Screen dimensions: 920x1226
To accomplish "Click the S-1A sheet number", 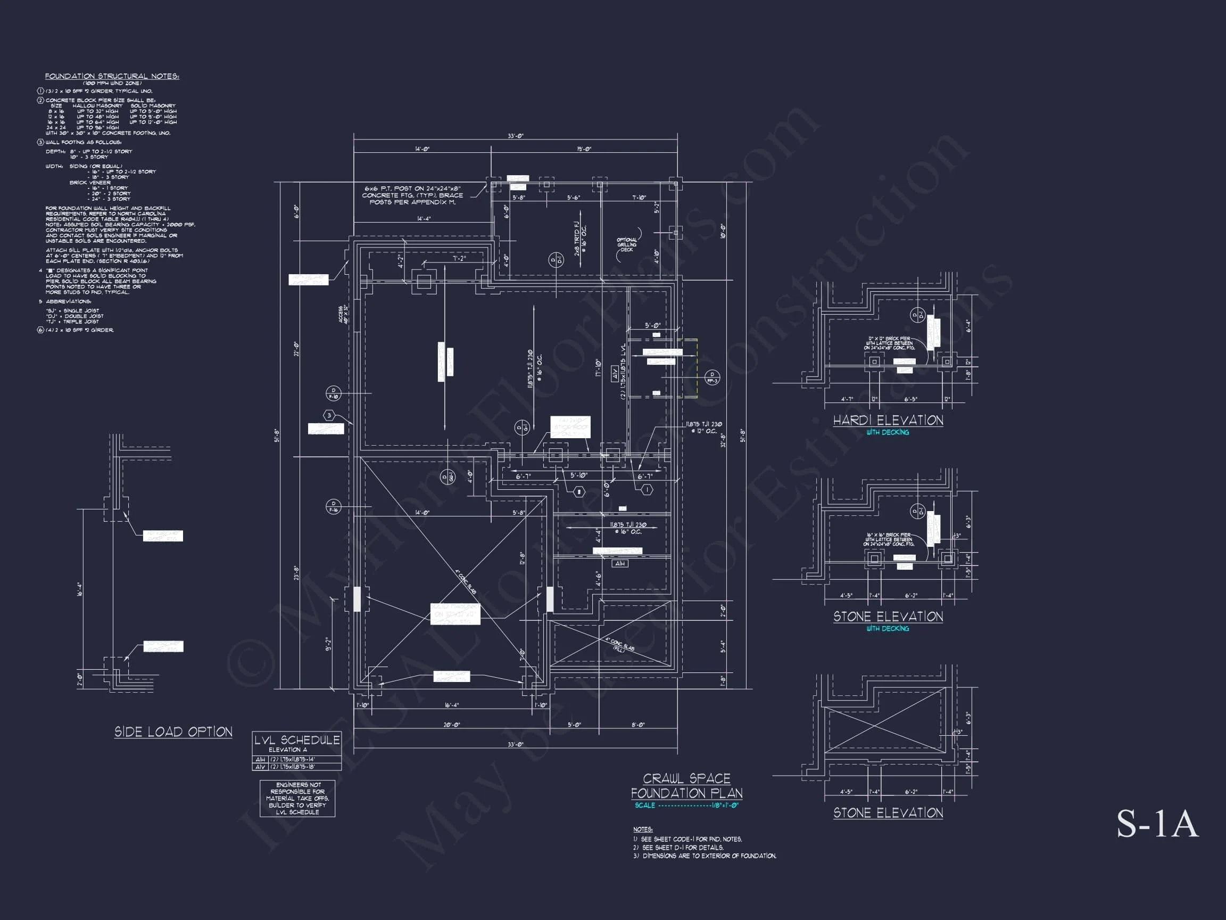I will [x=1157, y=824].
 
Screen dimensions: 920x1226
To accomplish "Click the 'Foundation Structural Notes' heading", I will [x=112, y=76].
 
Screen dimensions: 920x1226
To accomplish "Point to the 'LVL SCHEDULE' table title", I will [x=296, y=740].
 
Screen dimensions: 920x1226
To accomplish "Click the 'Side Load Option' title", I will [x=173, y=732].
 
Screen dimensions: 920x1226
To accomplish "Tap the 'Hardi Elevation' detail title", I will [x=888, y=421].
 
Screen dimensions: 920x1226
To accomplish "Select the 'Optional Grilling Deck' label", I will [x=627, y=244].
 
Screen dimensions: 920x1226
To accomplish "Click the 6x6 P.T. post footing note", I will [x=413, y=195].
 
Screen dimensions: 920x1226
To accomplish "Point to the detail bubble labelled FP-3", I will [x=712, y=377].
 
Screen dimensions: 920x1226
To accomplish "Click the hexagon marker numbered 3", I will [x=329, y=415].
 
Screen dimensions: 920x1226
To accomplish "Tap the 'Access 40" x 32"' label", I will [x=343, y=315].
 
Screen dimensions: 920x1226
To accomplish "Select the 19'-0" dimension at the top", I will [x=584, y=149].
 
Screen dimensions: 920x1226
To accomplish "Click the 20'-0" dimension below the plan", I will [x=452, y=725].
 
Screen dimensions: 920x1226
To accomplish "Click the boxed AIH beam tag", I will [x=619, y=563].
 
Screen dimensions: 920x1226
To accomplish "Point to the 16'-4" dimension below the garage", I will [x=452, y=705].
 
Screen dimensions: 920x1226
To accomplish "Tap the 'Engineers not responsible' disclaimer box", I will [x=297, y=799].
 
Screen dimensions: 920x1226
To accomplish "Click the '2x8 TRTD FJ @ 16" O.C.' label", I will [x=581, y=239].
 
